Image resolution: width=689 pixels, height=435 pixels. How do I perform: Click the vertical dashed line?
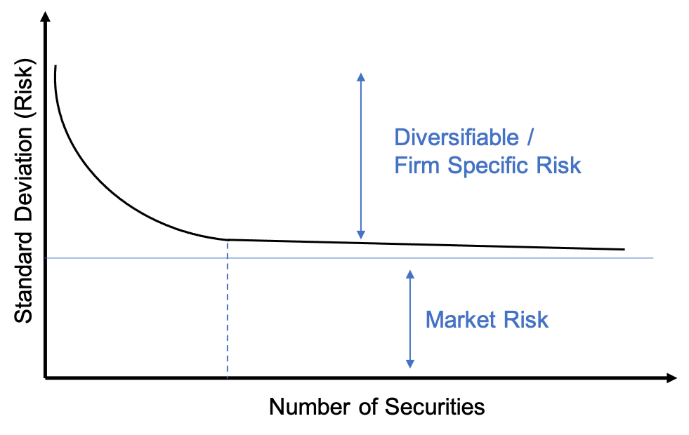tap(228, 316)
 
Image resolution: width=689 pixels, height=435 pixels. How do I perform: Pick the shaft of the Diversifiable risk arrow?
tap(361, 154)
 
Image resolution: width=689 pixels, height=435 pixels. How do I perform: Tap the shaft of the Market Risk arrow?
tap(410, 319)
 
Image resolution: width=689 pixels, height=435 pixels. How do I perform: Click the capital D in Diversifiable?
tap(401, 137)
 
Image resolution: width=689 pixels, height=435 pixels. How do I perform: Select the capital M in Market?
tap(434, 320)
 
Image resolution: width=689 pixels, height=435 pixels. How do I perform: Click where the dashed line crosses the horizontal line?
tap(228, 258)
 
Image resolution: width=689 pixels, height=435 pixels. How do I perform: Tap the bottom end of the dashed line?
tap(228, 377)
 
